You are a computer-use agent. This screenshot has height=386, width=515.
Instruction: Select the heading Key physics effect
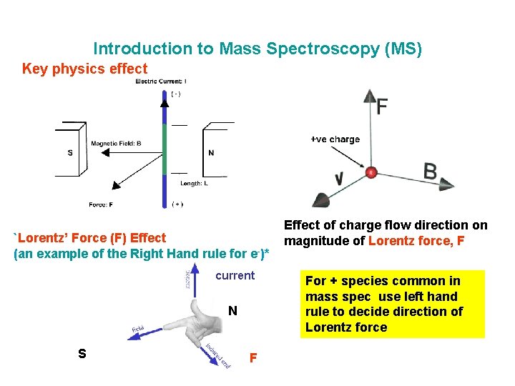(84, 69)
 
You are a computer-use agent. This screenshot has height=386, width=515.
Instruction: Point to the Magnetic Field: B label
(116, 144)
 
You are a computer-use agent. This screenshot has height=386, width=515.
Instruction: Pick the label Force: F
(101, 204)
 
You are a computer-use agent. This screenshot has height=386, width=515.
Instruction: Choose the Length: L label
(195, 183)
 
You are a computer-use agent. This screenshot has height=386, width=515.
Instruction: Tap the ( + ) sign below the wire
(177, 204)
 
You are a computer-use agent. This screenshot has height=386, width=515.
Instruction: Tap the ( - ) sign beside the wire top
(175, 94)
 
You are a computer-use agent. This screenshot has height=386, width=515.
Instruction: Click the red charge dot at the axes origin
(371, 172)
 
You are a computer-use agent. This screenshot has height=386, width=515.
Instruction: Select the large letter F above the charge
(382, 107)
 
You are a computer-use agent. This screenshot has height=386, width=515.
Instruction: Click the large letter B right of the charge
(430, 172)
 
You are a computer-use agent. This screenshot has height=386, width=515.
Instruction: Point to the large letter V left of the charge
(339, 177)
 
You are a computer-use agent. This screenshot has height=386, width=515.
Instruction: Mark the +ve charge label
(335, 139)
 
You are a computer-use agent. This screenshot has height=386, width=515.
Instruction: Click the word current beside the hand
(235, 275)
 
